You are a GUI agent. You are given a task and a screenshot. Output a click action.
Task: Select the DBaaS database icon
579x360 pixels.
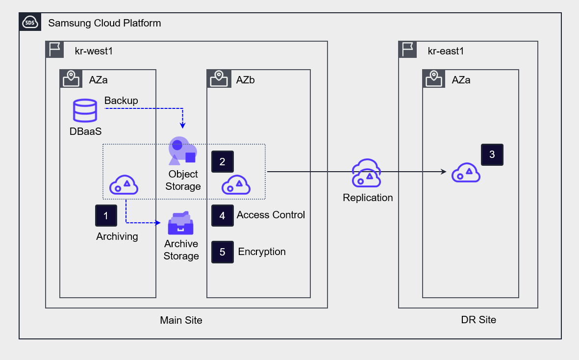point(85,111)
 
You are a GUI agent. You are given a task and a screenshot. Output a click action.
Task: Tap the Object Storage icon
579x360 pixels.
point(182,151)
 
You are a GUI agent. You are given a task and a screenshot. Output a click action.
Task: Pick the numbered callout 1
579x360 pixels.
point(106,215)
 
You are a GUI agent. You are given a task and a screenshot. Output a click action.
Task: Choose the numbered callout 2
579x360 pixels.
point(222,162)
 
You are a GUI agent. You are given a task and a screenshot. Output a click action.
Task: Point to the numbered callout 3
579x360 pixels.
point(492,154)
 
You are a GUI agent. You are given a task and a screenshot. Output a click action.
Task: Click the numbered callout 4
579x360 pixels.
point(222,215)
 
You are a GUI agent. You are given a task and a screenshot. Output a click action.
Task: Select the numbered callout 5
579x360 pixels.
point(222,252)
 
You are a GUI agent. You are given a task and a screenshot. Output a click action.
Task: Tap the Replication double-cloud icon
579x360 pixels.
point(367,174)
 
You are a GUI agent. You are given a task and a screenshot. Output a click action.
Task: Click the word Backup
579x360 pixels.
point(121,101)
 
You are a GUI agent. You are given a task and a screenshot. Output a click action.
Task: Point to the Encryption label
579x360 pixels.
point(262,252)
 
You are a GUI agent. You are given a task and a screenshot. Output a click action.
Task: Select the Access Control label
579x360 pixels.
point(271,215)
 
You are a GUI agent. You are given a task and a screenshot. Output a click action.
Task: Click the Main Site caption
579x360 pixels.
point(181,320)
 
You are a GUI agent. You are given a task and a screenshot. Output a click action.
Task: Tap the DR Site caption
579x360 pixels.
point(478,320)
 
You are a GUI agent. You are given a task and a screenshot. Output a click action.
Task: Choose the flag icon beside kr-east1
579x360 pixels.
point(408,50)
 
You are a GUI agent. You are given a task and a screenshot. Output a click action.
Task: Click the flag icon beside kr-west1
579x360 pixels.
point(55,50)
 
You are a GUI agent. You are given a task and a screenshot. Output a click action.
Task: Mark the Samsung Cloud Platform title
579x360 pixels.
point(104,23)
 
